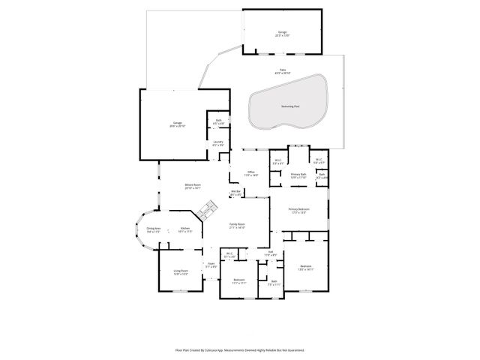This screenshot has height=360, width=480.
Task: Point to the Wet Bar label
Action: tap(235, 193)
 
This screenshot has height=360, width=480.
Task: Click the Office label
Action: tap(251, 173)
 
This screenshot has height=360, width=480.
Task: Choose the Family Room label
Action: tap(238, 225)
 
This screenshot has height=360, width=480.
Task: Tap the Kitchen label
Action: tap(185, 230)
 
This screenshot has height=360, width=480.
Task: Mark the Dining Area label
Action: tap(154, 230)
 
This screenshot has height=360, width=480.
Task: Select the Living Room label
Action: tap(181, 272)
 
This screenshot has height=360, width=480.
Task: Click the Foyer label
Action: tap(211, 265)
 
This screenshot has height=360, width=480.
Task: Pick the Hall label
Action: tap(270, 253)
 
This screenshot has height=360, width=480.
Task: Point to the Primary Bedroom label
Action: tap(298, 211)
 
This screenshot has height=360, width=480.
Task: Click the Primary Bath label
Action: tap(299, 175)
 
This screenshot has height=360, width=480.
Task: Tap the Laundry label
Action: tap(218, 142)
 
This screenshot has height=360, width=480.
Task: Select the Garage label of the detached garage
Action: tap(283, 33)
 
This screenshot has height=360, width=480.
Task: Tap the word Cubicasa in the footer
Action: tap(217, 349)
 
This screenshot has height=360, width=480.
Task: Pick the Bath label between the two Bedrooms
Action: tap(274, 283)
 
